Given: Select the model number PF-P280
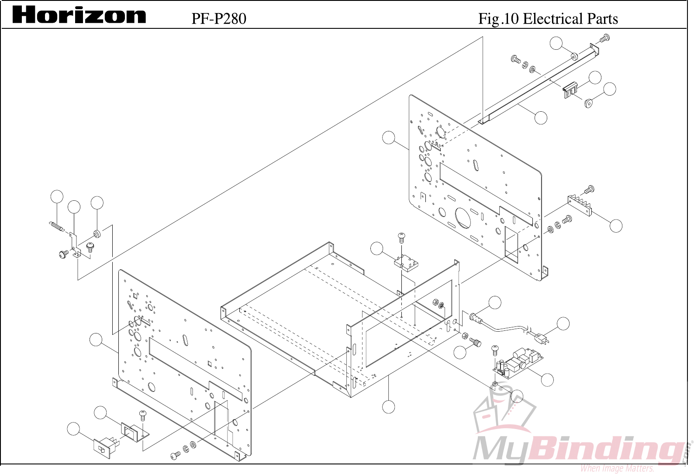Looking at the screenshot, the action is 218,18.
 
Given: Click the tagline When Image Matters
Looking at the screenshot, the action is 617,468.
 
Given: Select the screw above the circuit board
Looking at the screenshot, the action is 495,350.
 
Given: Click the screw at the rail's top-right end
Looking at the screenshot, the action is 604,38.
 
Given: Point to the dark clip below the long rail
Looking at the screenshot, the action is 570,90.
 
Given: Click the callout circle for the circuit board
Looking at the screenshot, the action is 547,379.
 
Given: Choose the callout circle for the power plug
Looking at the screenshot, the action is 563,323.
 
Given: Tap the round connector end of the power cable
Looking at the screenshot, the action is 475,317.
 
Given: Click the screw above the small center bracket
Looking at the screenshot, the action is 402,238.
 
